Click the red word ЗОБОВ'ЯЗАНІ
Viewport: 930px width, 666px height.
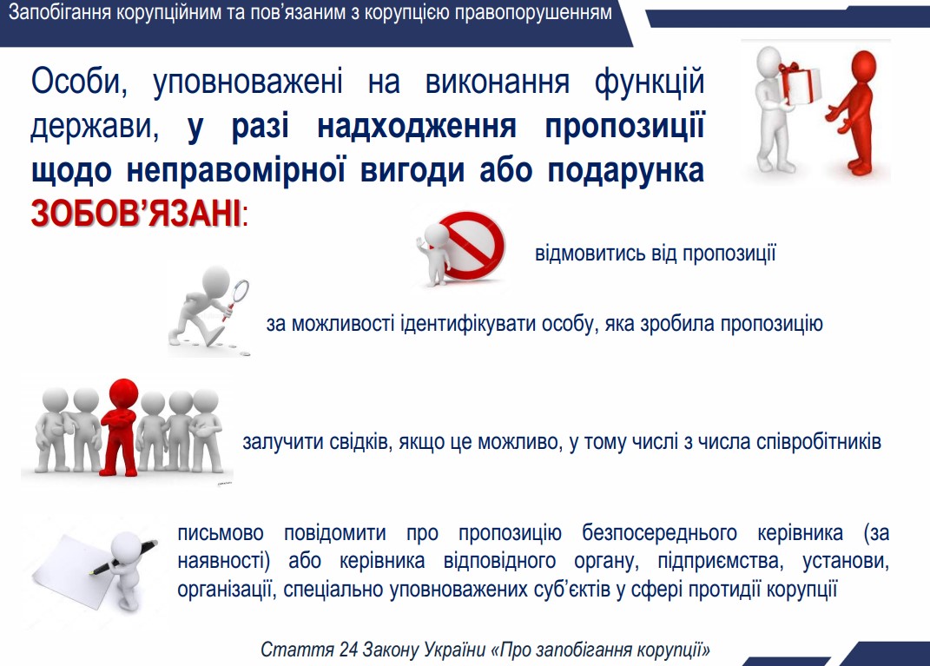pyautogui.click(x=135, y=214)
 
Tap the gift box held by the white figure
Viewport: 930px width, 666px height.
pyautogui.click(x=800, y=83)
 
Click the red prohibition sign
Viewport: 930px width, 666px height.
pyautogui.click(x=472, y=246)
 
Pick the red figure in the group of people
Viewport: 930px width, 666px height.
pyautogui.click(x=121, y=426)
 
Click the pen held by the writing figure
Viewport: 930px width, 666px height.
pyautogui.click(x=123, y=557)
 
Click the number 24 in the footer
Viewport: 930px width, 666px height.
pyautogui.click(x=348, y=650)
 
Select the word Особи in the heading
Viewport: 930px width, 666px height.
pyautogui.click(x=79, y=82)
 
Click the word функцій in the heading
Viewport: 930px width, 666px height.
pyautogui.click(x=650, y=82)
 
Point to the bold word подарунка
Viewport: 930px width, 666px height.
pyautogui.click(x=626, y=171)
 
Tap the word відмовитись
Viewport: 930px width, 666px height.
pyautogui.click(x=590, y=254)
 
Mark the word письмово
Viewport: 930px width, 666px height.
pyautogui.click(x=221, y=533)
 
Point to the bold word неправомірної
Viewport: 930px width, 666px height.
pyautogui.click(x=235, y=171)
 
